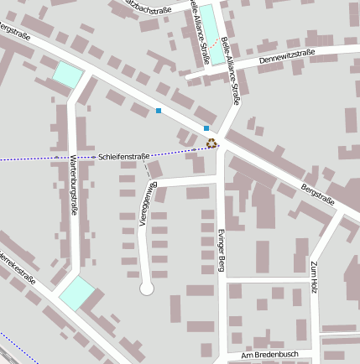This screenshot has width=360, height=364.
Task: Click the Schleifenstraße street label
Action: (123, 156)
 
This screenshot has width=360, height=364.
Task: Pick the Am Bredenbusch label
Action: (269, 356)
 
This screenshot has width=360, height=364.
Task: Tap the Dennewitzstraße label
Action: (287, 58)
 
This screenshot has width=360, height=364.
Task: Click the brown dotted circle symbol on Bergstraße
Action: (211, 143)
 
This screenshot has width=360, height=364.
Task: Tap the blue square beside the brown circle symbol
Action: (206, 127)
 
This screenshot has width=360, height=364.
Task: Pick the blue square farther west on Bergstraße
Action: (158, 110)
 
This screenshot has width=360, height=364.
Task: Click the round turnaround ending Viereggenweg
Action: (147, 289)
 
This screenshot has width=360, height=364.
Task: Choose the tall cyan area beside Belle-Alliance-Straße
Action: (214, 34)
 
